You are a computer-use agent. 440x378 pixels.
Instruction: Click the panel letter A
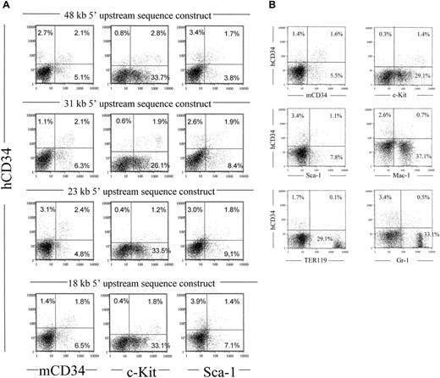pos(7,5)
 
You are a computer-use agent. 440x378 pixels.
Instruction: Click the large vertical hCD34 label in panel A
pos(10,191)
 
